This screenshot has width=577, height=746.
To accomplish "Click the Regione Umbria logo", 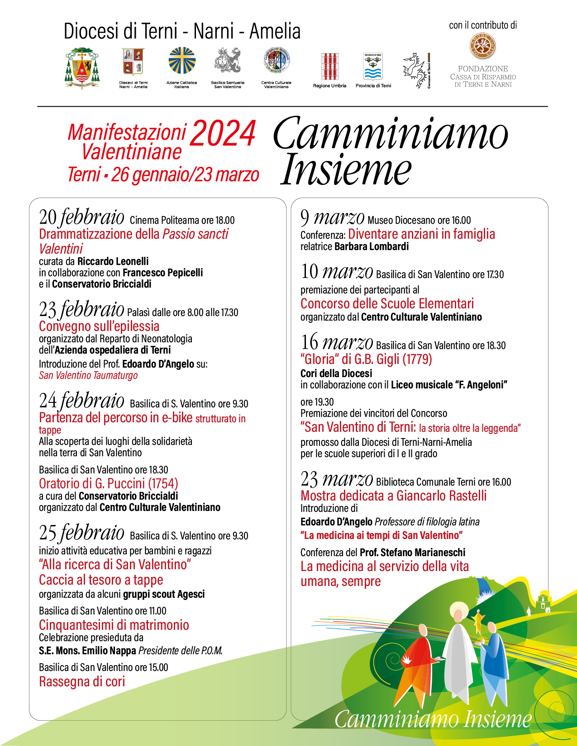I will tap(329, 67).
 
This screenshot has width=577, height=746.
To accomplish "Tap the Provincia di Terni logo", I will tap(373, 67).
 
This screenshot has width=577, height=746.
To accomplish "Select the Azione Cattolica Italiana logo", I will tap(182, 61).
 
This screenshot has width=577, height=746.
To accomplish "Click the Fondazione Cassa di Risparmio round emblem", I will tap(483, 47).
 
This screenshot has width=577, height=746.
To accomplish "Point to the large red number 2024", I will tap(223, 134).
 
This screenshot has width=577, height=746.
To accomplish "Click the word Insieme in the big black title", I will tap(346, 170).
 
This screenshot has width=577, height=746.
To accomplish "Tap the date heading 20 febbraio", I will tap(81, 217).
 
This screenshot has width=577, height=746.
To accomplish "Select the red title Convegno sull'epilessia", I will tap(99, 326).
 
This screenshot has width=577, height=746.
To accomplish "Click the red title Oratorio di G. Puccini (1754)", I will tap(109, 483).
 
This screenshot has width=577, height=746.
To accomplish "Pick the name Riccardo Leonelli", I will tap(113, 261).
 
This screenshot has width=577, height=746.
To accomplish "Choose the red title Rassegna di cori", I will tap(82, 681).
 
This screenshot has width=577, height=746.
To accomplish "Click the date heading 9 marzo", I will tap(332, 217).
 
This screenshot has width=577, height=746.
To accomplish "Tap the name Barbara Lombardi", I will tap(372, 246).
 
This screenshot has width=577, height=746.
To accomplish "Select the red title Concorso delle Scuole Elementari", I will tap(387, 303).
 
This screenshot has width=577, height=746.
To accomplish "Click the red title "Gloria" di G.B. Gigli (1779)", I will tap(366, 359).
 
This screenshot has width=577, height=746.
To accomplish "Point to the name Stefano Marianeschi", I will tap(423, 552).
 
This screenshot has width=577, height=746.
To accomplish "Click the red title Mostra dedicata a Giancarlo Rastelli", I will tap(393, 496).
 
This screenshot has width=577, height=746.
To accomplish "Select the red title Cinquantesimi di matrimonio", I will tap(114, 625).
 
